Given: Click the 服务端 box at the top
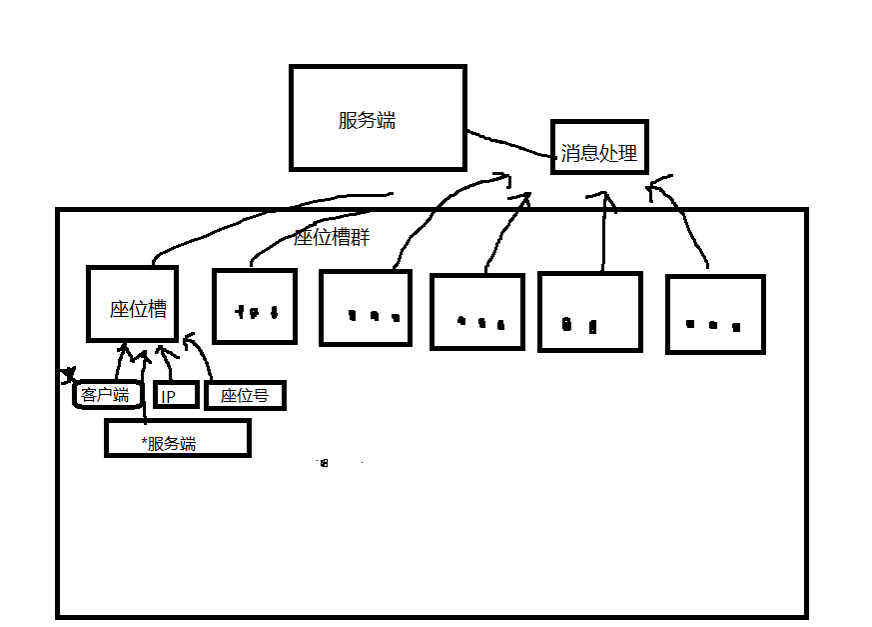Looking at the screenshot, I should [x=377, y=118].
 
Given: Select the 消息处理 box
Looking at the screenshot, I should [x=599, y=147].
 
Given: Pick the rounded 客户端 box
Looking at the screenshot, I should [x=106, y=395].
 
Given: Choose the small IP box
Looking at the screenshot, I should [x=175, y=395].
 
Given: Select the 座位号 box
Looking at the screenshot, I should [x=245, y=395].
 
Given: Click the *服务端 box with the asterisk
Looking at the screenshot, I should [x=177, y=439].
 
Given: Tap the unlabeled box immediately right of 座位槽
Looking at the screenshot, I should [x=255, y=306].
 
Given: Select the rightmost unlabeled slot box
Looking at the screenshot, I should [x=714, y=313].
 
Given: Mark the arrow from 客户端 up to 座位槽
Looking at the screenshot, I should [x=119, y=363].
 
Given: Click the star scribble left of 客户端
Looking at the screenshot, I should [x=68, y=377].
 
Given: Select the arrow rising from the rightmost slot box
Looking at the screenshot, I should [x=689, y=225].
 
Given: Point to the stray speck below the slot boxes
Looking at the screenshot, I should [x=323, y=462].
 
